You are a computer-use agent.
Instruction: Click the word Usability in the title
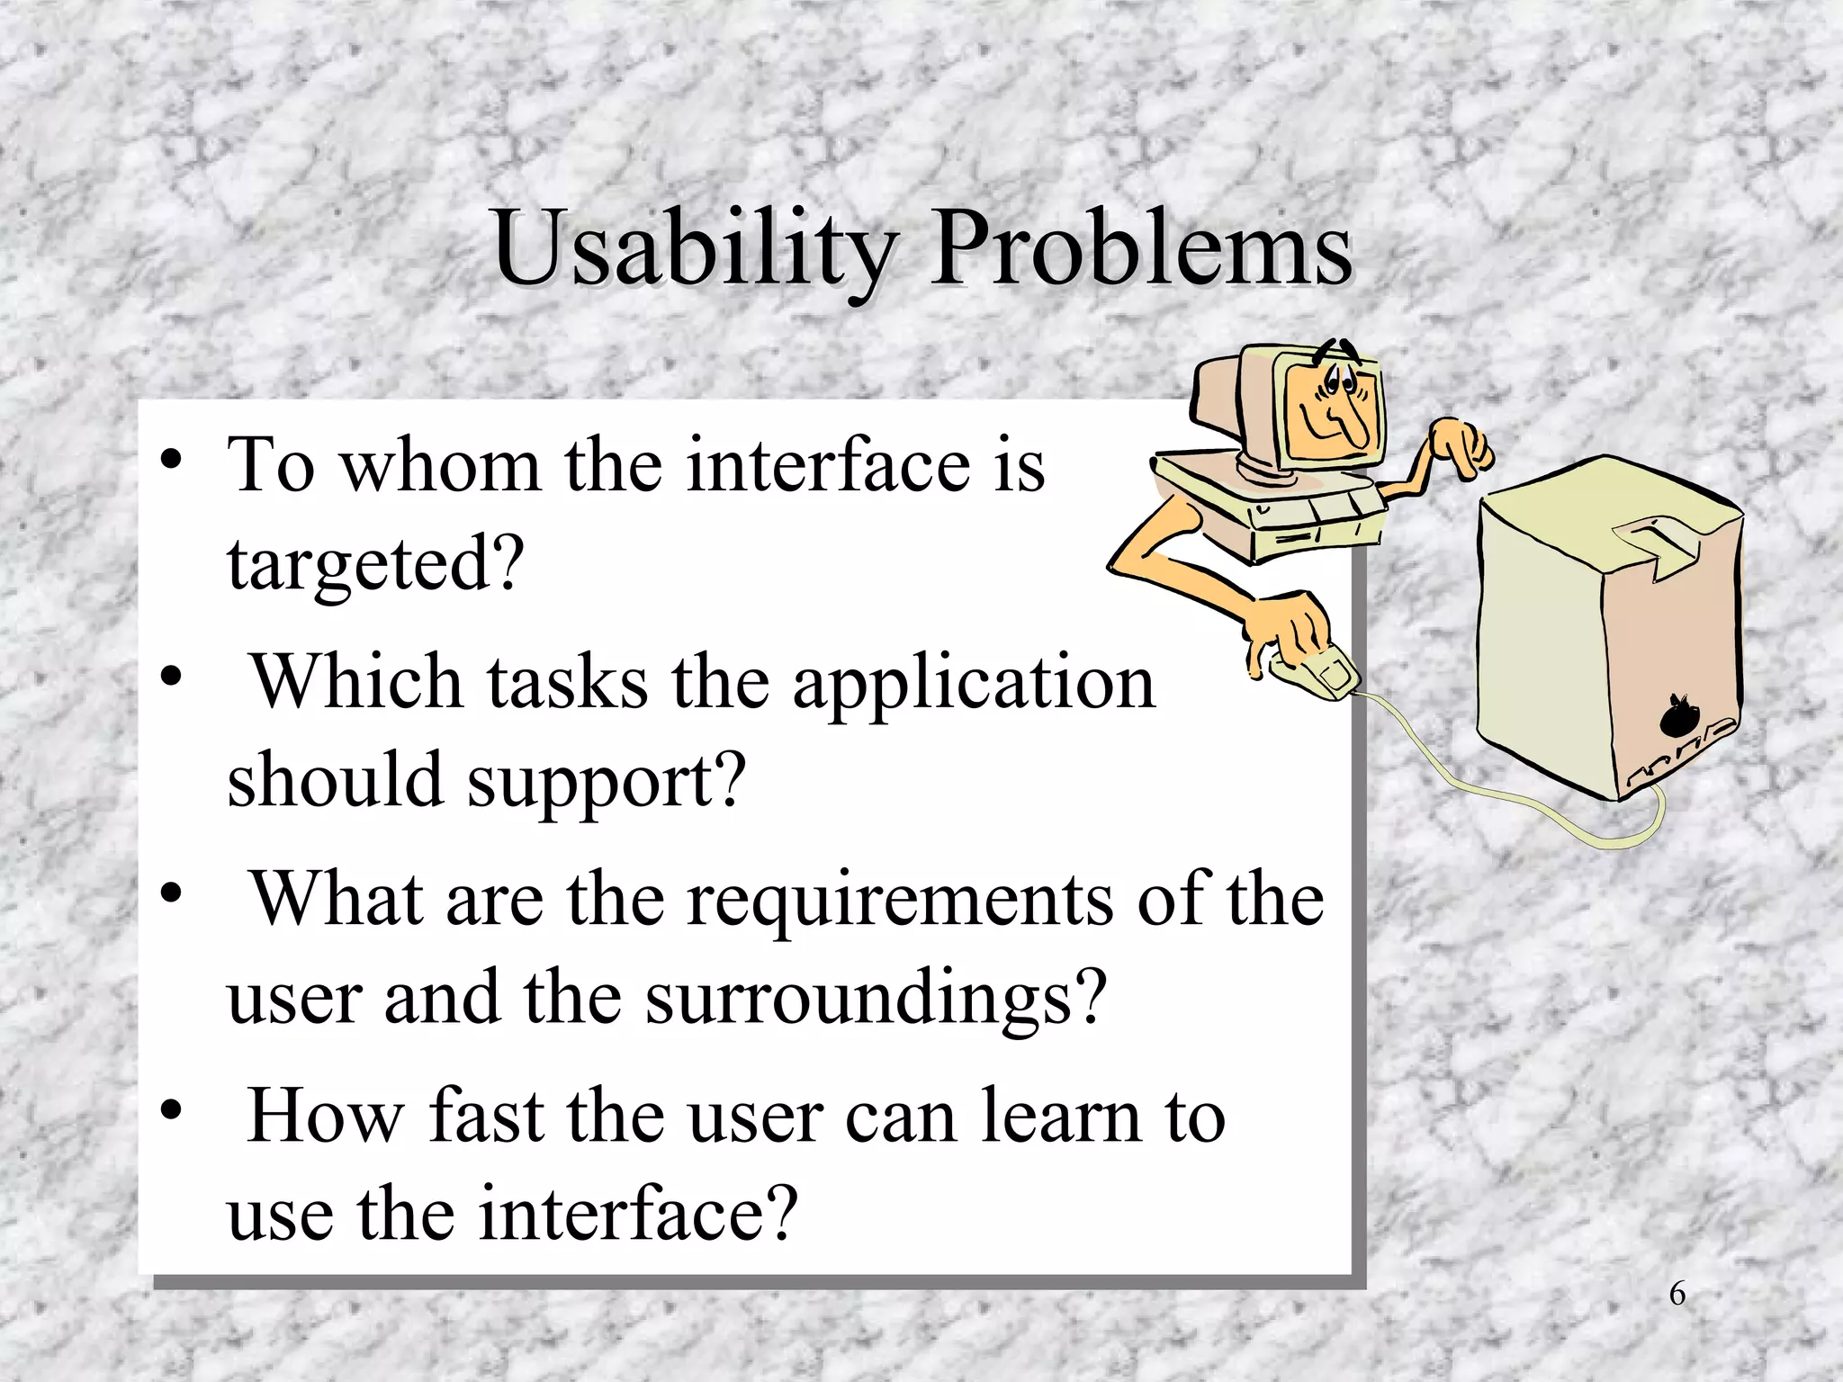click(693, 247)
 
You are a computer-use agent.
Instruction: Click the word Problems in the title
click(1140, 247)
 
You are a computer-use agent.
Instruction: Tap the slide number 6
click(1677, 1294)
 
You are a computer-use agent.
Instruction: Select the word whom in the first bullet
click(440, 465)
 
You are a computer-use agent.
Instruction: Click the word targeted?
click(375, 565)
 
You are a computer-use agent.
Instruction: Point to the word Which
click(356, 681)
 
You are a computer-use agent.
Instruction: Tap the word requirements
click(899, 900)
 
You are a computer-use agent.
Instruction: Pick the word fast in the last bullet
click(485, 1116)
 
